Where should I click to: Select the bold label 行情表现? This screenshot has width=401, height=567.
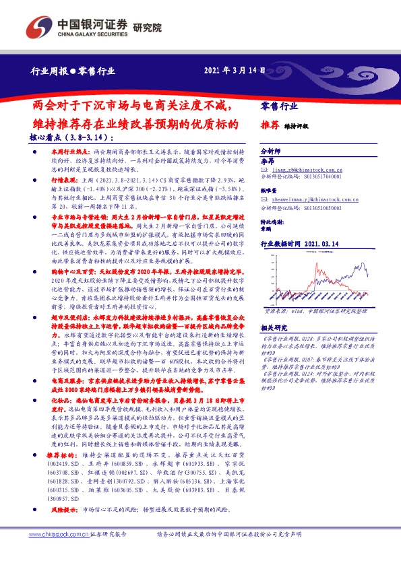click(x=63, y=181)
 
